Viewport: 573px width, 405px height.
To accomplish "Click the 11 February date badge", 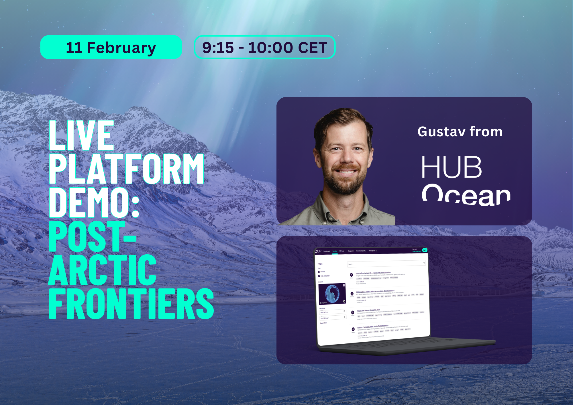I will point(111,47).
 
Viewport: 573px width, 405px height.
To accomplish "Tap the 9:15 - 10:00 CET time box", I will point(264,47).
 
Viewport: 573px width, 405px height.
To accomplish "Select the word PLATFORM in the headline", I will point(126,169).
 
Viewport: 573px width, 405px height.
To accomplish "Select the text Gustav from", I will point(460,132).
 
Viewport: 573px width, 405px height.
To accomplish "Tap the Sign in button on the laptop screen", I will point(425,250).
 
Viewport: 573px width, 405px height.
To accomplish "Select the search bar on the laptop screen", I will point(385,264).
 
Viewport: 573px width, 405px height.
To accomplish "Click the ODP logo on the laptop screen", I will point(318,251).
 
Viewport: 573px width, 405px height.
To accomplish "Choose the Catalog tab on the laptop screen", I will point(335,251).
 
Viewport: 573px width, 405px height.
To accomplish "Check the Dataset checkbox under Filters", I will point(319,272).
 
